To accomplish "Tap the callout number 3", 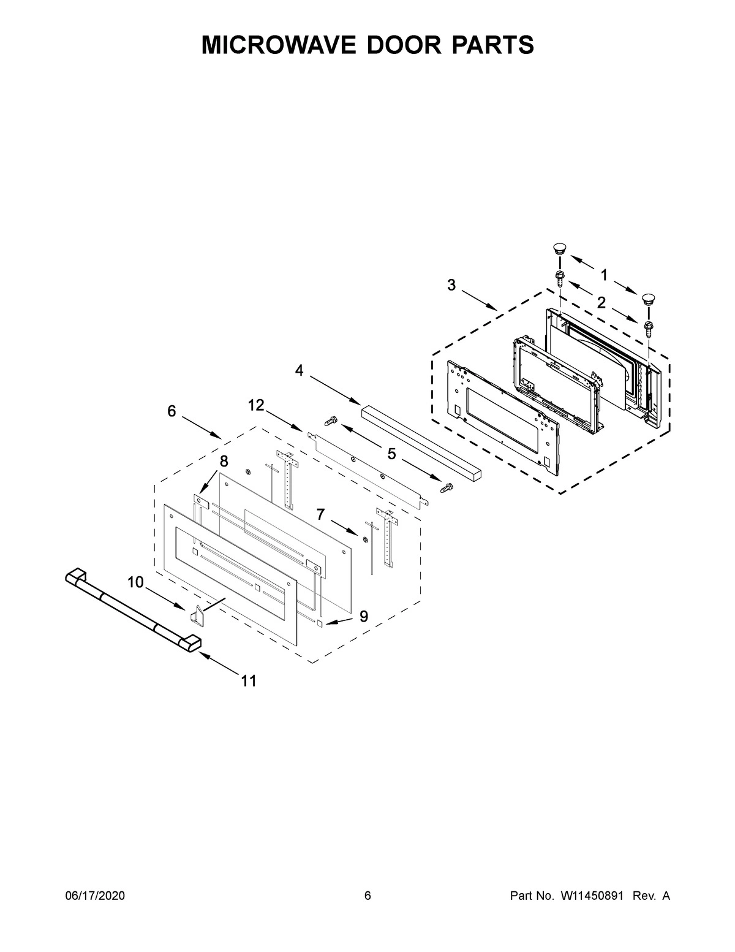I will coord(451,285).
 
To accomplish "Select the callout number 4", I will coord(299,370).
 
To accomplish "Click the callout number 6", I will coord(171,411).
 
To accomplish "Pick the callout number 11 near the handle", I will coord(248,680).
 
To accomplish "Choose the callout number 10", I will coord(135,582).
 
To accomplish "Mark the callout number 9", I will coord(364,617).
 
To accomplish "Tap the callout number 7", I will coord(320,514).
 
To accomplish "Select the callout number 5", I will coord(391,454).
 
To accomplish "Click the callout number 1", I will coord(604,275).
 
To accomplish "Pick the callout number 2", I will coord(601,302).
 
